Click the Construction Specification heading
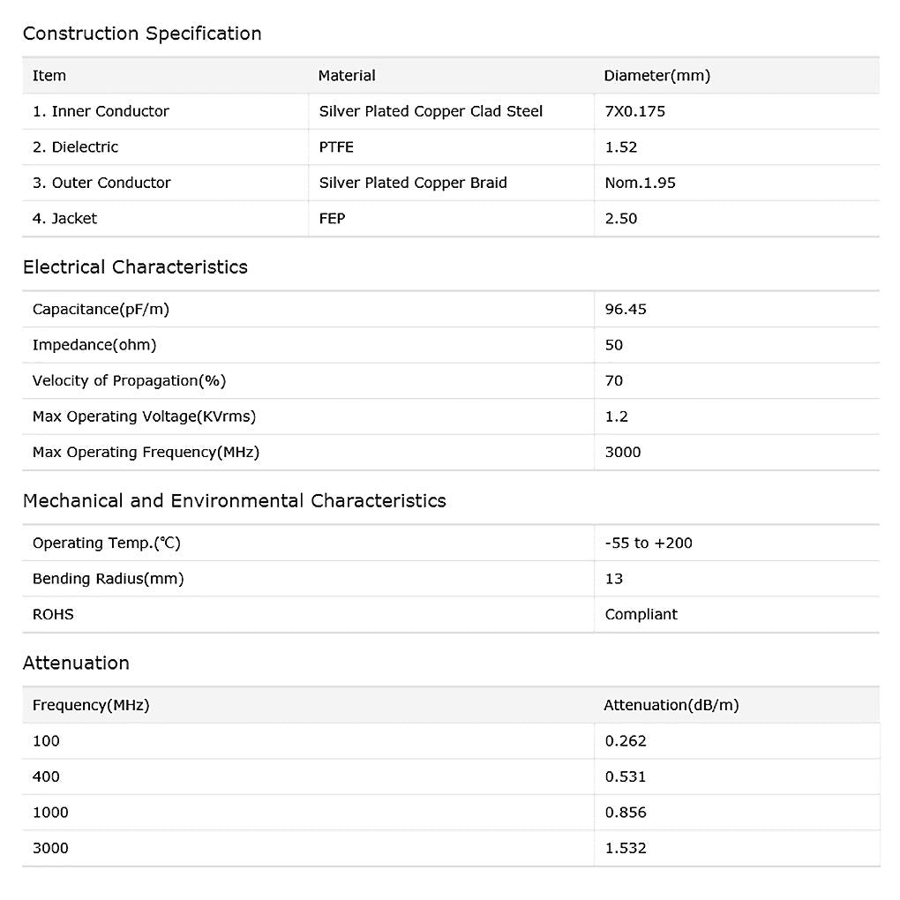pos(142,34)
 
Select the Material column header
pos(347,76)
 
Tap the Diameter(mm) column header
pos(656,76)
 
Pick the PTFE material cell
pos(336,147)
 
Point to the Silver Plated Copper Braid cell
pos(413,183)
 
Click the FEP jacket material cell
pos(332,219)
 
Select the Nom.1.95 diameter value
pos(640,183)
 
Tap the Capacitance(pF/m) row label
pos(100,309)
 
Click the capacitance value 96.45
pos(626,309)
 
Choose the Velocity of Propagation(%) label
pos(129,380)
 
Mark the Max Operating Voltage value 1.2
pos(617,416)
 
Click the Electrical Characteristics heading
pos(135,267)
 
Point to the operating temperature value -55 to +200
pos(649,543)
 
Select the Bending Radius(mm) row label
pos(108,579)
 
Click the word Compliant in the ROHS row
pos(641,614)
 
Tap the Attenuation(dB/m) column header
pos(671,705)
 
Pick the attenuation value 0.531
pos(626,776)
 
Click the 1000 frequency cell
pos(50,812)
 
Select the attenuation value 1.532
pos(626,848)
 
